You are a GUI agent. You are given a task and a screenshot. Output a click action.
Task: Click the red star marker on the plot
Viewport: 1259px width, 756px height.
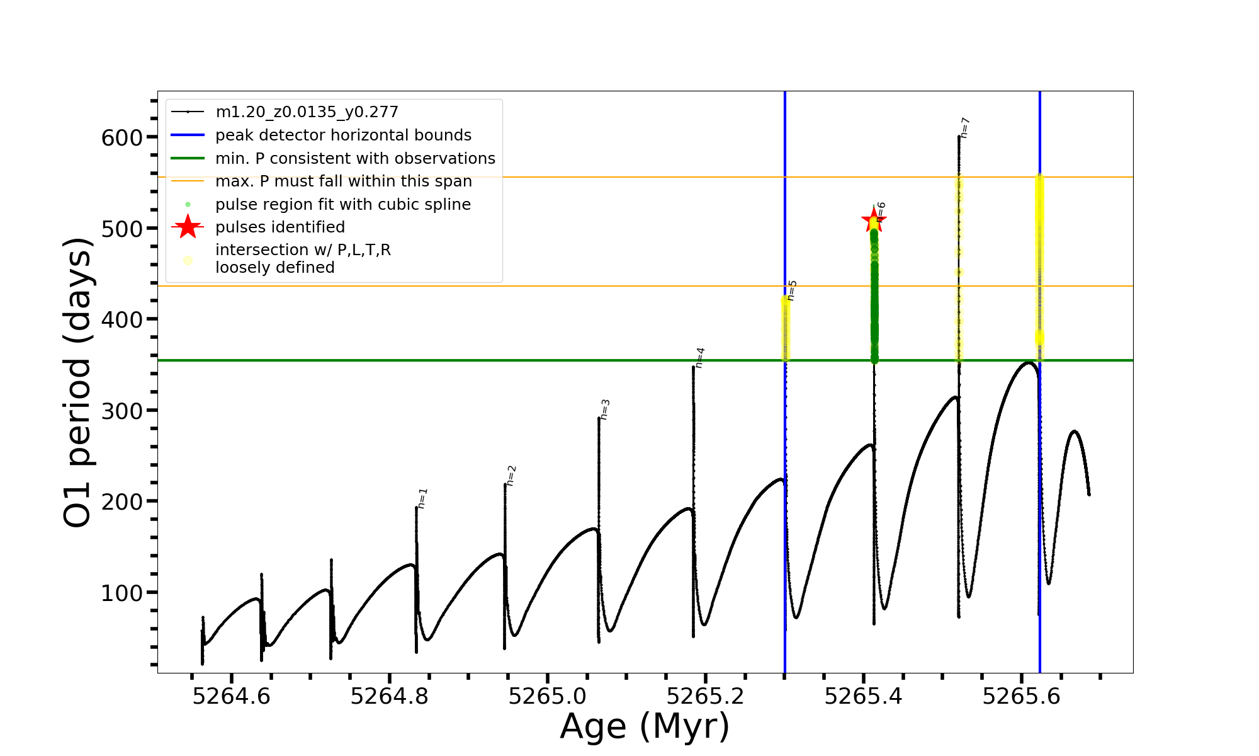[x=873, y=220]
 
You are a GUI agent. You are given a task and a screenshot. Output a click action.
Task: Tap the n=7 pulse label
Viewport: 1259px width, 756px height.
[x=964, y=128]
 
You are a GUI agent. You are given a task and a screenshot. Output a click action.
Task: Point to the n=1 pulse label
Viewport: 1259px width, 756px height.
[x=422, y=498]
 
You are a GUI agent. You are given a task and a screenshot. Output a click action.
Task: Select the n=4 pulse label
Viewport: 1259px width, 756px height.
[x=699, y=357]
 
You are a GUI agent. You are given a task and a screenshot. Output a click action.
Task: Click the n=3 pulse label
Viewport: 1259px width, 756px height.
[x=604, y=409]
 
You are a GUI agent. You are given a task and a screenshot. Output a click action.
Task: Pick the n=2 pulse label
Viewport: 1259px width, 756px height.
[x=511, y=476]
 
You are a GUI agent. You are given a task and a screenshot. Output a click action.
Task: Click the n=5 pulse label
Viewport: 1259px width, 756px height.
[x=791, y=290]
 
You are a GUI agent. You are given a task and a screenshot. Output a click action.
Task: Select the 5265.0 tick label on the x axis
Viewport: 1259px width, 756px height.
[x=548, y=697]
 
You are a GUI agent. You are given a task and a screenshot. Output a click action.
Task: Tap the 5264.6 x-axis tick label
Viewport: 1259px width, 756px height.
[x=231, y=697]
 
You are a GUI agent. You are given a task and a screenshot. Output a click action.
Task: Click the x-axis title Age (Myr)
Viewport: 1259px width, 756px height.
[x=645, y=726]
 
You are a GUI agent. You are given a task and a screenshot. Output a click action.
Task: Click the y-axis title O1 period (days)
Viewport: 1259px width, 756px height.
[x=78, y=382]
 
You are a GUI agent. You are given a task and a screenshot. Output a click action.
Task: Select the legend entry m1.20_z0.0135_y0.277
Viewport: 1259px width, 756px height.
[x=307, y=112]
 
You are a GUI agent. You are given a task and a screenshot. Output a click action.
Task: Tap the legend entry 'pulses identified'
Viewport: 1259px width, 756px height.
[x=280, y=227]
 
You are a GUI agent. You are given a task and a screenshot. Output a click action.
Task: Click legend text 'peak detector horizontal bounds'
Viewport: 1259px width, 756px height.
[x=343, y=135]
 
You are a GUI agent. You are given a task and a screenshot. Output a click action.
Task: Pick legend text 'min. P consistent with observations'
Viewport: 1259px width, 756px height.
[x=355, y=159]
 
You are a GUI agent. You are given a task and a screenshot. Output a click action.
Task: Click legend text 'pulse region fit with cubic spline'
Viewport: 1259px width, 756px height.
[x=343, y=205]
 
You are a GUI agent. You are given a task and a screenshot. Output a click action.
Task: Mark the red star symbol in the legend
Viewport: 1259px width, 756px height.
[x=188, y=227]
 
